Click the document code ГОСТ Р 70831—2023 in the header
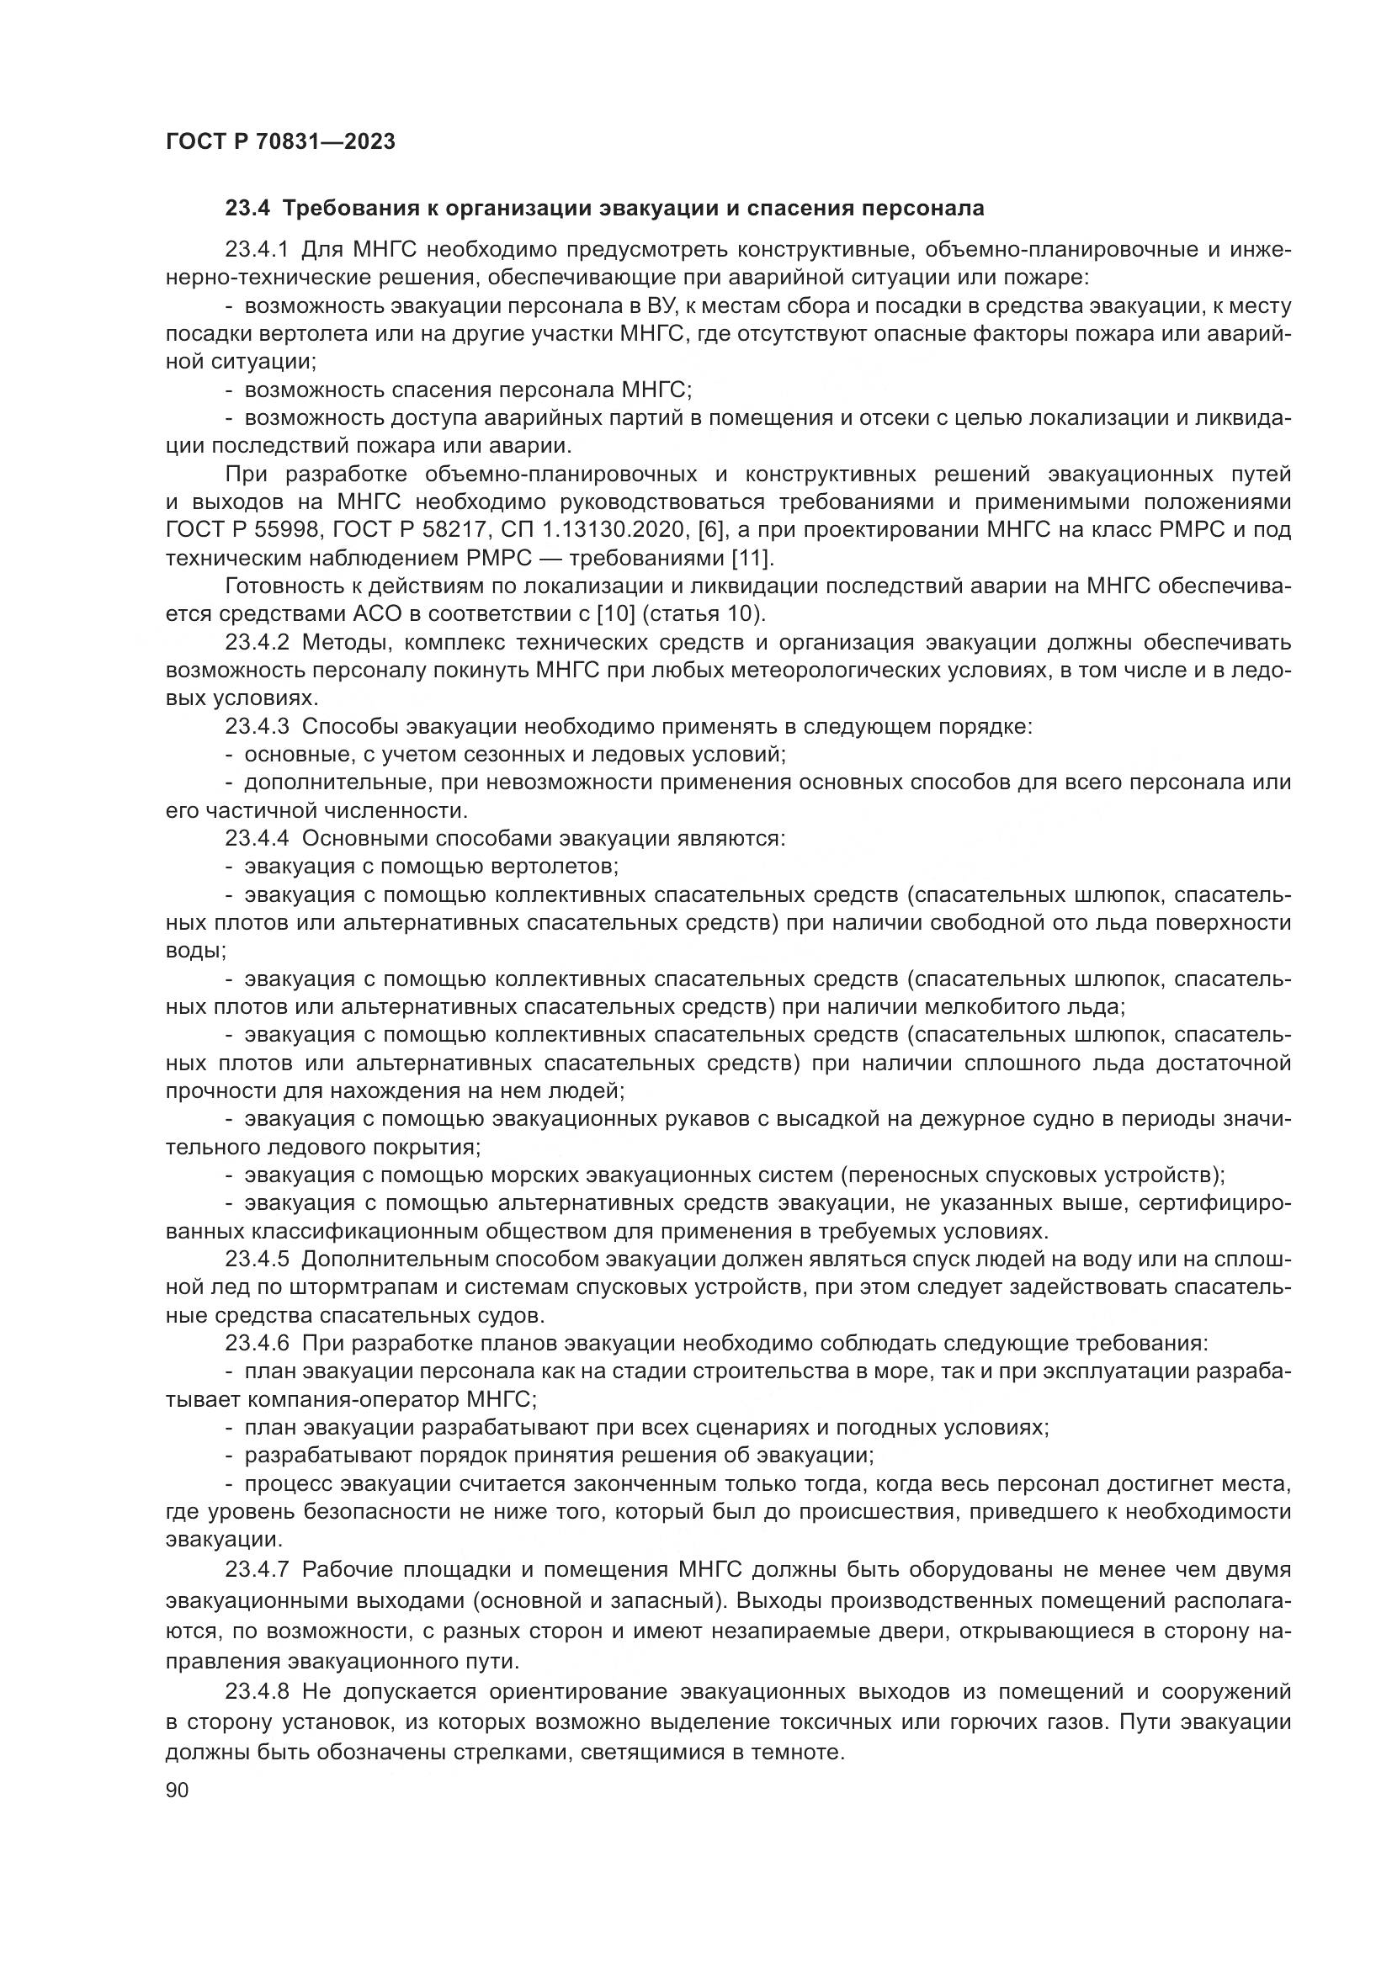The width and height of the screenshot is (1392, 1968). point(280,141)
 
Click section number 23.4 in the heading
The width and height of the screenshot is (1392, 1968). point(247,209)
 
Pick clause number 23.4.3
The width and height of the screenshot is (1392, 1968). point(258,727)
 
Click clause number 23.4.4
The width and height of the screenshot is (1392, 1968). point(258,838)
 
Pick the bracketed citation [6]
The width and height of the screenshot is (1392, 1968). point(712,531)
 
